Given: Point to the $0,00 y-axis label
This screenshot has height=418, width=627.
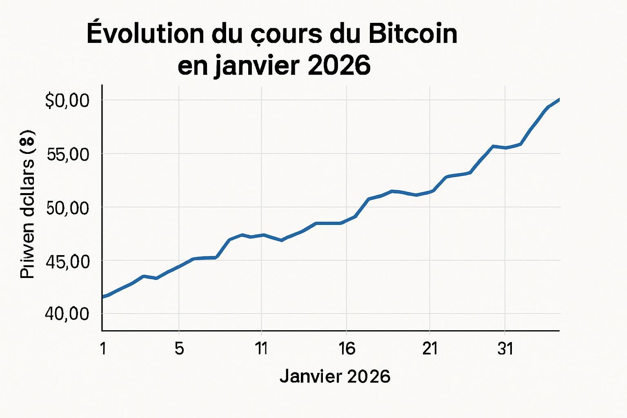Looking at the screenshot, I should pyautogui.click(x=67, y=100).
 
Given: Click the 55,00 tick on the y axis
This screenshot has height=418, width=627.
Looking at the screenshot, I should pyautogui.click(x=68, y=154).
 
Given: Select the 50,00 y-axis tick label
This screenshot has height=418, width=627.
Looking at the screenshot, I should pyautogui.click(x=68, y=208).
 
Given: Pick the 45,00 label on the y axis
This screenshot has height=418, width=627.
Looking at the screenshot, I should pyautogui.click(x=68, y=262).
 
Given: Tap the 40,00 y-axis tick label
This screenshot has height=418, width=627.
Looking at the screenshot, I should pyautogui.click(x=68, y=314).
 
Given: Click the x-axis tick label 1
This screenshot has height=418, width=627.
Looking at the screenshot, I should pyautogui.click(x=103, y=349).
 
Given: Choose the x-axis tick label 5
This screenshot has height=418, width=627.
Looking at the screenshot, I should pyautogui.click(x=179, y=349).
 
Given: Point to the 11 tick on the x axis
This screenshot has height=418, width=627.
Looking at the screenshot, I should pyautogui.click(x=261, y=349).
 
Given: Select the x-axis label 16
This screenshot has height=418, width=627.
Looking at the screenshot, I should pyautogui.click(x=347, y=349).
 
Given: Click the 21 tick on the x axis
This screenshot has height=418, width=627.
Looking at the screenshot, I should pyautogui.click(x=430, y=349).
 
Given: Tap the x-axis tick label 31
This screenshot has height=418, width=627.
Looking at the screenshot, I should pyautogui.click(x=505, y=349).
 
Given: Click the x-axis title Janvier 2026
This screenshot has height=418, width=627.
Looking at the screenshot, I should pyautogui.click(x=335, y=376).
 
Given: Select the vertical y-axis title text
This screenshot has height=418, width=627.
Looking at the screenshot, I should pyautogui.click(x=28, y=204).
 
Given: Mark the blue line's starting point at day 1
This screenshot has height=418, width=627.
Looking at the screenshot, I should pyautogui.click(x=103, y=297).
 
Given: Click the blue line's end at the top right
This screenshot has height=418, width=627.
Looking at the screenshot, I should pyautogui.click(x=558, y=99).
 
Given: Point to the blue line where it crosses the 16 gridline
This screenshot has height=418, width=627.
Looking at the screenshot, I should pyautogui.click(x=347, y=221).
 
